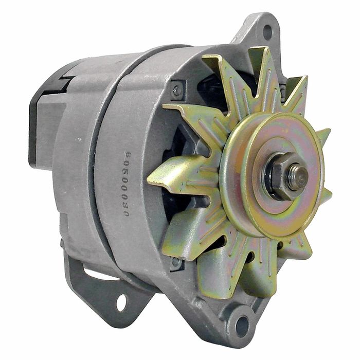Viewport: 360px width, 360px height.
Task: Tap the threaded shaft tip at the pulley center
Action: (x=298, y=175)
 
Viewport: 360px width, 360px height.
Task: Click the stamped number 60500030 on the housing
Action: (x=127, y=184)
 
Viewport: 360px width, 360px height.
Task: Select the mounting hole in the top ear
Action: (x=267, y=32)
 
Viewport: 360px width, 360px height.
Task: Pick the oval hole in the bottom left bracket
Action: (x=121, y=302)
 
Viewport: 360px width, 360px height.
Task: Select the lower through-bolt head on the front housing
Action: (x=176, y=262)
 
